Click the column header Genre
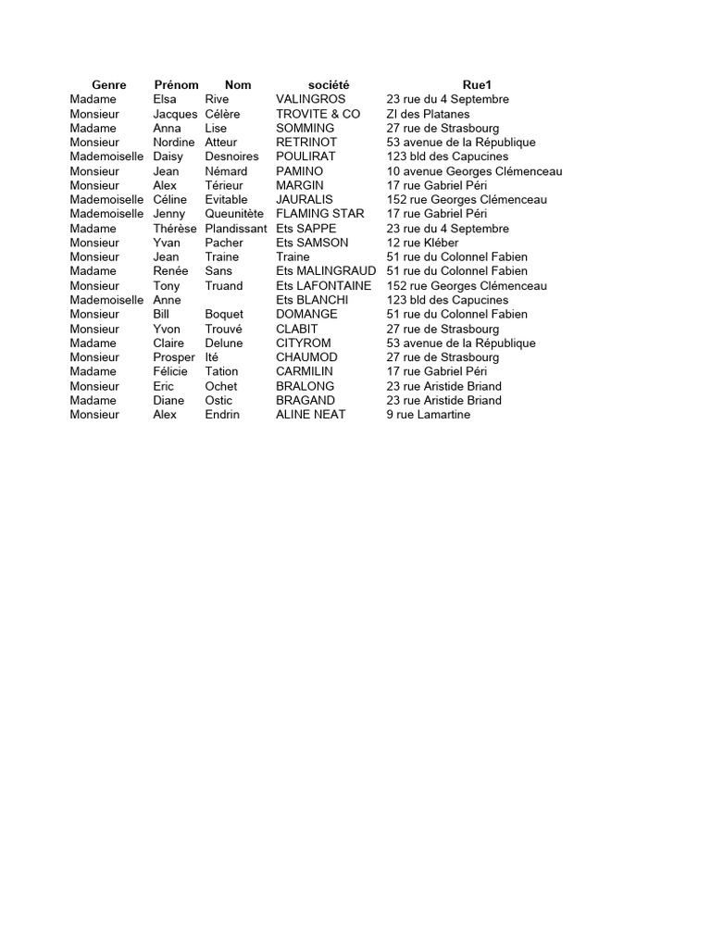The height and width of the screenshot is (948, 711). point(109,85)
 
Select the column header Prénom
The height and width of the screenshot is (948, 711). point(176,85)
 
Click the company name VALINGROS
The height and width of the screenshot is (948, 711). point(310,99)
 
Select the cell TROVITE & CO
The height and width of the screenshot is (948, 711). point(318,114)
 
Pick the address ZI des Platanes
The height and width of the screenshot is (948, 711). point(428,114)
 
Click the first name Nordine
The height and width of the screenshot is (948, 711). point(174,143)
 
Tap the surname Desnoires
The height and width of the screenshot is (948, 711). point(231,156)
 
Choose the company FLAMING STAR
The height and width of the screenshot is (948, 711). point(319,214)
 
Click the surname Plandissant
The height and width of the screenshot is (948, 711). point(235,229)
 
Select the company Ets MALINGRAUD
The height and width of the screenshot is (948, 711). point(326,271)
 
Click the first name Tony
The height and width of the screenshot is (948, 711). point(167,286)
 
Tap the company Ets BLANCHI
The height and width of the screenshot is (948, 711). point(312,300)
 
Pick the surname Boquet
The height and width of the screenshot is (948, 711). point(224,315)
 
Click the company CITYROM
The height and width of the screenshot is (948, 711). point(303,343)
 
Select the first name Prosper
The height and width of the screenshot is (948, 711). point(174,357)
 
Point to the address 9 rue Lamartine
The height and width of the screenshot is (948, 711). point(428,415)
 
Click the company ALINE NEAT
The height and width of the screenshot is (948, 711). point(310,415)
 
